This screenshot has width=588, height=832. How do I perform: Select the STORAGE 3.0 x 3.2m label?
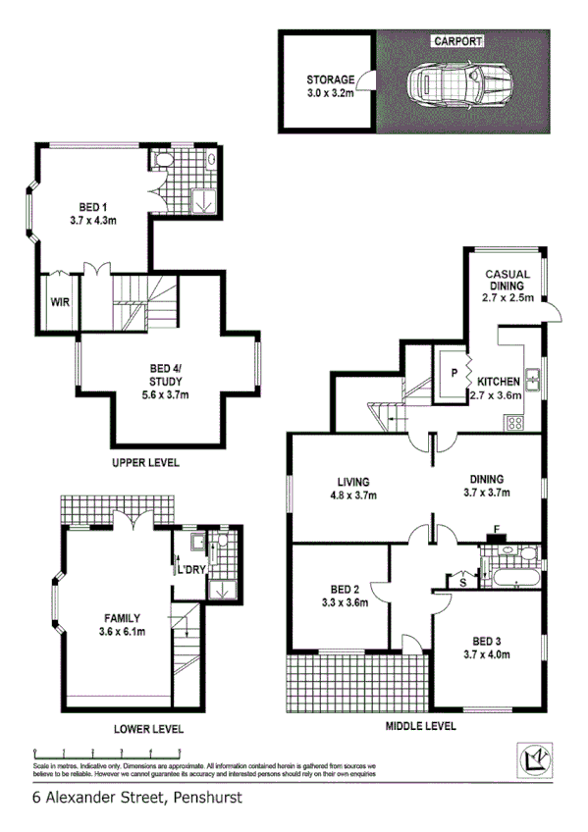330,86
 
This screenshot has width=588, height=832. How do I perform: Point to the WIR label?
61,301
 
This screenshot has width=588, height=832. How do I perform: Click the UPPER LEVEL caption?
145,462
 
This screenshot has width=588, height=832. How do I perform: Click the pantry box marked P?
454,373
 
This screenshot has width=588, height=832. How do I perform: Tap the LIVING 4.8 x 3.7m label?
352,489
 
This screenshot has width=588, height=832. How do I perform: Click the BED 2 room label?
344,597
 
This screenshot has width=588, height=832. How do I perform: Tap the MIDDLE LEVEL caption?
421,726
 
